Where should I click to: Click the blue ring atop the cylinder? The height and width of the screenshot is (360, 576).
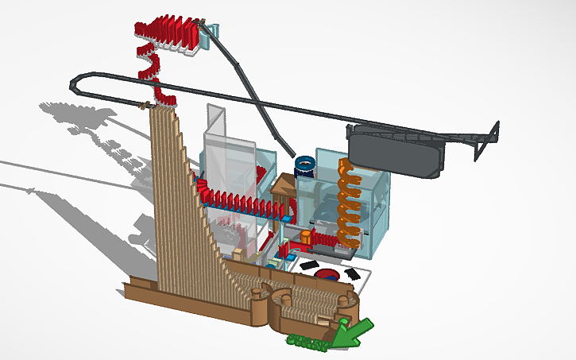304,164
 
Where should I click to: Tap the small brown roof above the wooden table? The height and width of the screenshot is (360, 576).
284,185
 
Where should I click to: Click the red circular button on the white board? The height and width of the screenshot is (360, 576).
327,275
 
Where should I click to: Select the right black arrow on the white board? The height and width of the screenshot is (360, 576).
350,273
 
